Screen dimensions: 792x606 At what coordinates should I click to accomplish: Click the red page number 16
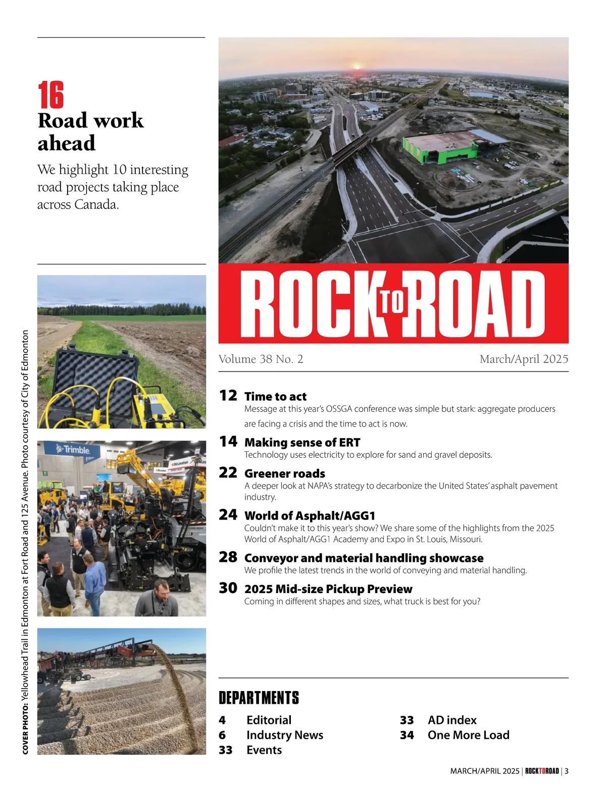[x=51, y=95]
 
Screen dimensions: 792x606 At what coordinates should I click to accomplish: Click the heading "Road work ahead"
[x=90, y=131]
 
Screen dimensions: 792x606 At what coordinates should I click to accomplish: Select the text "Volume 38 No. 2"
[x=261, y=359]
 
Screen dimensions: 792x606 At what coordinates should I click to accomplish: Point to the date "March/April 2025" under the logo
[x=524, y=359]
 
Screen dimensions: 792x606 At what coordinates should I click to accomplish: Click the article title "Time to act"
[x=275, y=396]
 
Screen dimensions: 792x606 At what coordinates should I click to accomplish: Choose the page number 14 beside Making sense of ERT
[x=228, y=442]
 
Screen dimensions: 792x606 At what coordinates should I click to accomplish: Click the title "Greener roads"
[x=284, y=473]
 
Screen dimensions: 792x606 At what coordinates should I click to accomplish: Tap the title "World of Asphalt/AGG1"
[x=310, y=515]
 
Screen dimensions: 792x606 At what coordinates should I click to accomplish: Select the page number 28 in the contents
[x=228, y=557]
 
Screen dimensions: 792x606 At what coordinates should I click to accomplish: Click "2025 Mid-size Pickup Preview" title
[x=328, y=589]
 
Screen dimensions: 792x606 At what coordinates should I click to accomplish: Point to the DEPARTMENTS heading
[x=259, y=698]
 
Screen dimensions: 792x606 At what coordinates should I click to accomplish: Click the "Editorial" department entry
[x=269, y=720]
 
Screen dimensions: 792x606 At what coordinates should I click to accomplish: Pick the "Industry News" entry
[x=284, y=735]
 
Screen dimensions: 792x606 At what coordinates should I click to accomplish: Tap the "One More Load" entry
[x=468, y=735]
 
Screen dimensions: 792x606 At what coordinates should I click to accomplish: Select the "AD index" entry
[x=452, y=720]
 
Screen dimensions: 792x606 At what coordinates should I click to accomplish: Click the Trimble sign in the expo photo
[x=74, y=450]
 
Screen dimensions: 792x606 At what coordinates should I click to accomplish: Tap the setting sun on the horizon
[x=358, y=66]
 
